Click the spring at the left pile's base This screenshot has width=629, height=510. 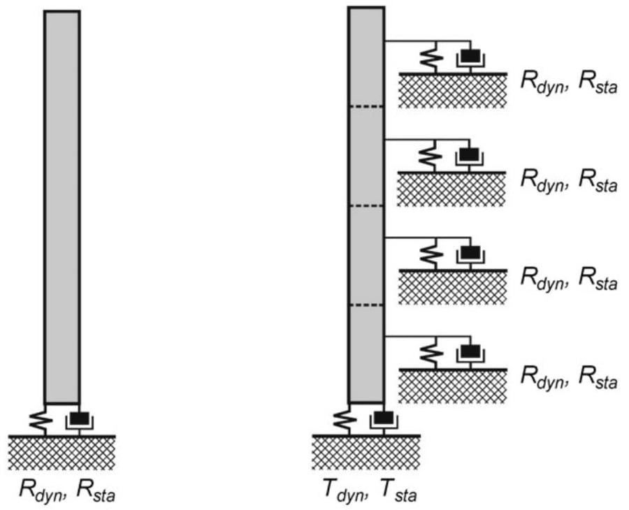point(36,421)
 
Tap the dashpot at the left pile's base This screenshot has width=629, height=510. point(80,421)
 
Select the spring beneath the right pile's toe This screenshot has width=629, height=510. point(341,421)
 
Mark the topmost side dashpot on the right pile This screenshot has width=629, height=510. point(470,56)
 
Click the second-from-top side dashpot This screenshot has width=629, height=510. point(470,154)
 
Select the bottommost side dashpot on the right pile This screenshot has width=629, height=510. point(470,352)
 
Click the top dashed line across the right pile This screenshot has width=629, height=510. point(366,106)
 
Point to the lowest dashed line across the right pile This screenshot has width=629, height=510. point(366,305)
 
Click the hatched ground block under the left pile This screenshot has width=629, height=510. point(62,453)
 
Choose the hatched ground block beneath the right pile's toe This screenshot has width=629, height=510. point(366,453)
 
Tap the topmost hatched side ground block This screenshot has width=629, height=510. point(452,90)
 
